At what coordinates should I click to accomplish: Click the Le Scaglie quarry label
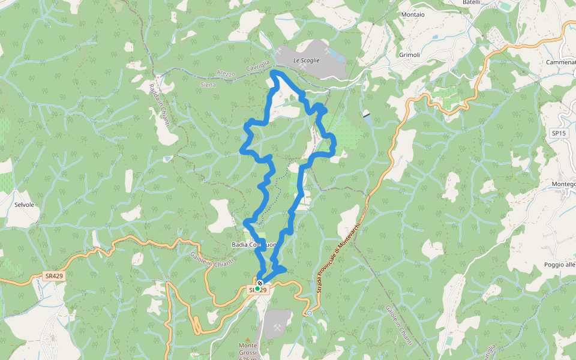306,61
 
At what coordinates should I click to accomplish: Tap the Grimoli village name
410,55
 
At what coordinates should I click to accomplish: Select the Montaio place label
412,14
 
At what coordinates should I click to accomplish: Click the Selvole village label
23,205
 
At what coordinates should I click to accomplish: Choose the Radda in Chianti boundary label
159,105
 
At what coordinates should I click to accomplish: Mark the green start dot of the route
257,289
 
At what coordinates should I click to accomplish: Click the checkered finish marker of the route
260,283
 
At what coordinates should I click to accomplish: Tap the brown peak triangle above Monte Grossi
248,339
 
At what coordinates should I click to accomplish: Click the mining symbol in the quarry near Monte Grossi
278,328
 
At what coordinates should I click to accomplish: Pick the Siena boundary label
207,85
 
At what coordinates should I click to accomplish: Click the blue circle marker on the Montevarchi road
310,313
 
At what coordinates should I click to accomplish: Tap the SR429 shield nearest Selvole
53,276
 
